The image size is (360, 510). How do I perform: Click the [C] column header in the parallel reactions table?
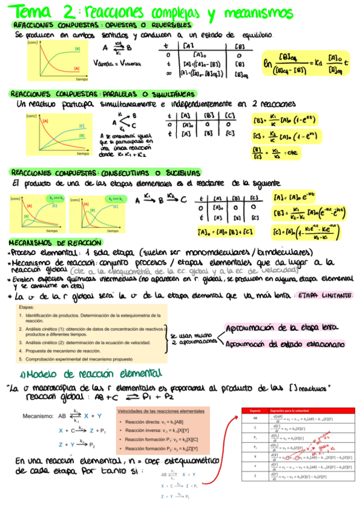coord(228,115)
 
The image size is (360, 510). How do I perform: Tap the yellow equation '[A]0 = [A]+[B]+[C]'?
coord(224,230)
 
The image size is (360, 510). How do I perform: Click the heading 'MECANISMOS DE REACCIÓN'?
coord(50,243)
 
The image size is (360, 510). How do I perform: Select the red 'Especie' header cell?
coord(255,410)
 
